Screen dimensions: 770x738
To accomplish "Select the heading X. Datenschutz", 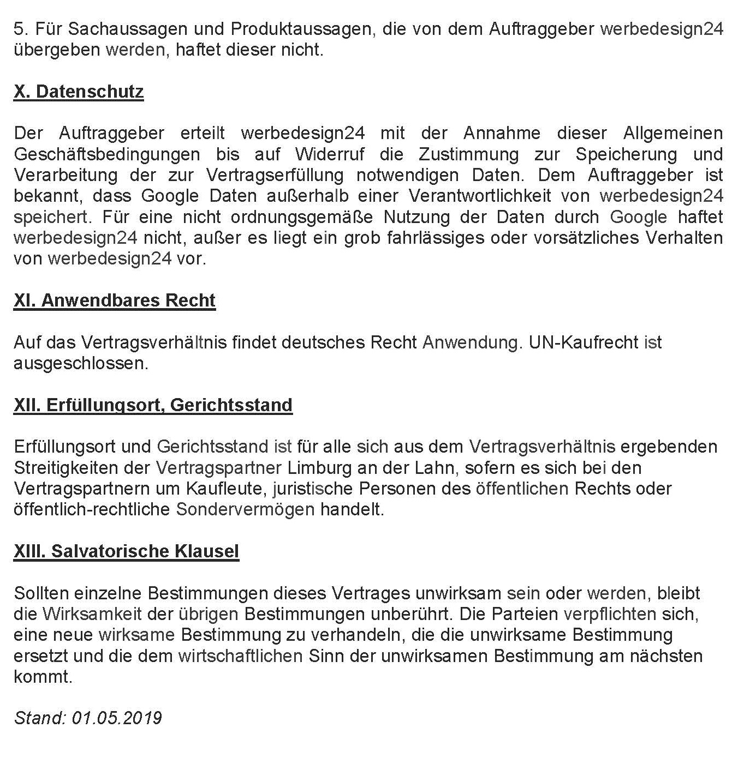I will click(x=79, y=92).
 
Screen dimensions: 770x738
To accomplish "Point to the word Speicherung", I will click(x=626, y=154).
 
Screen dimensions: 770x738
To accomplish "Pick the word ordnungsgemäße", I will click(x=302, y=217).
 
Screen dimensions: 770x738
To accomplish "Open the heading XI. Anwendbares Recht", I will click(x=115, y=300).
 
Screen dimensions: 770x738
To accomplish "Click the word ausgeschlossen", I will click(x=80, y=363).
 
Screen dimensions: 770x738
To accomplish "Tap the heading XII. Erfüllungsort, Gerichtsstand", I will click(x=153, y=405).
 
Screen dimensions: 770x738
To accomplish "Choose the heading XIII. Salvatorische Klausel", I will click(x=126, y=551).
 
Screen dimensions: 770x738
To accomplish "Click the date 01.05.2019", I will click(x=117, y=718).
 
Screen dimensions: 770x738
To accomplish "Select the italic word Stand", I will click(x=39, y=718).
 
